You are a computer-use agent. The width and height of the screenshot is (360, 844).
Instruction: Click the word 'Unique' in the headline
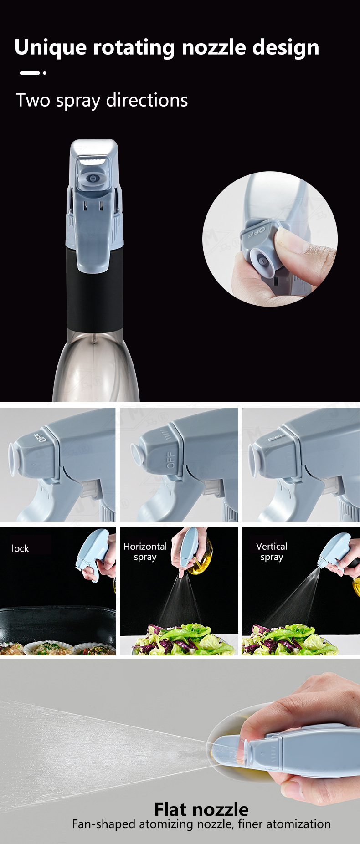tap(50, 48)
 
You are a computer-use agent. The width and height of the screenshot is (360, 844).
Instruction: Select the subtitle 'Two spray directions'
tap(102, 100)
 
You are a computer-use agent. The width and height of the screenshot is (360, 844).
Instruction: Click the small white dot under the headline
tap(44, 72)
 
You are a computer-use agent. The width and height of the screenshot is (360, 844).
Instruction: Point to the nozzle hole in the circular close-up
tap(263, 261)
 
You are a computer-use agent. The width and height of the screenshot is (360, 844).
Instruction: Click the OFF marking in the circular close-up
tap(256, 233)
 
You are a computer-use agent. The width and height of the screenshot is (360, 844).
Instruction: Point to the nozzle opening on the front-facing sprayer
tap(93, 179)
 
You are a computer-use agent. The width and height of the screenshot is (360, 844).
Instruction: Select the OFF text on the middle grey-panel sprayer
tap(170, 460)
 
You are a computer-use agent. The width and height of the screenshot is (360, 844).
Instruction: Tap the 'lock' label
tap(20, 548)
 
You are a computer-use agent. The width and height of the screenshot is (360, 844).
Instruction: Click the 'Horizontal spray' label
tap(145, 552)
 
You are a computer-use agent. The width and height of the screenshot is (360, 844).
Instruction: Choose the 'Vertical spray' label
tap(272, 552)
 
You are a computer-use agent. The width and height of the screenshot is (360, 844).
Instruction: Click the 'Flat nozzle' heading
tap(201, 809)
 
